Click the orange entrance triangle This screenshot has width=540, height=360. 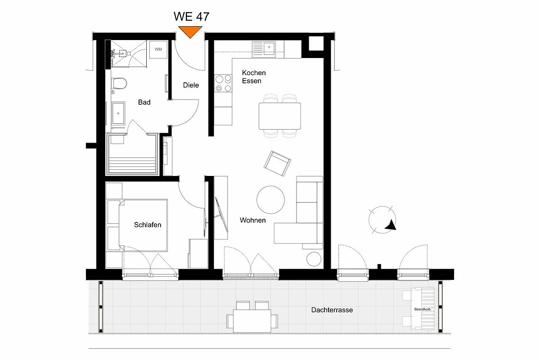pyautogui.click(x=190, y=31)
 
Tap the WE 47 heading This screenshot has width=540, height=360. pyautogui.click(x=191, y=17)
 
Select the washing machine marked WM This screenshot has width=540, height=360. pyautogui.click(x=158, y=49)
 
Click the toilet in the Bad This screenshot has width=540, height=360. pyautogui.click(x=119, y=83)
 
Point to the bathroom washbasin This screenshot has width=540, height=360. pyautogui.click(x=118, y=113)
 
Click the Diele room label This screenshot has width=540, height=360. pyautogui.click(x=191, y=85)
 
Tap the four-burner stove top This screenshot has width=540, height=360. pyautogui.click(x=223, y=83)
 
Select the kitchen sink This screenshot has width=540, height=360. pyautogui.click(x=264, y=49)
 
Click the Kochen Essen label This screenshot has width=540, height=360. pyautogui.click(x=254, y=76)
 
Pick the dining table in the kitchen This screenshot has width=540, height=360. pyautogui.click(x=279, y=116)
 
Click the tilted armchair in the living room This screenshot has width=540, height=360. pyautogui.click(x=277, y=163)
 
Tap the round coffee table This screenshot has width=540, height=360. pyautogui.click(x=270, y=200)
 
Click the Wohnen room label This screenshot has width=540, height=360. pyautogui.click(x=252, y=220)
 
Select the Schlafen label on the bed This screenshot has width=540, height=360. pyautogui.click(x=148, y=225)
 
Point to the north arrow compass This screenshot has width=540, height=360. pyautogui.click(x=382, y=220)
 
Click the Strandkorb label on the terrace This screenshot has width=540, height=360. pyautogui.click(x=423, y=309)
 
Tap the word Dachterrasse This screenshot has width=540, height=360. pyautogui.click(x=332, y=310)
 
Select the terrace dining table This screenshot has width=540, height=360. pyautogui.click(x=252, y=321)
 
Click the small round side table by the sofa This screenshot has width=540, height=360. pyautogui.click(x=314, y=259)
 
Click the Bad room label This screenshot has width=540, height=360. pyautogui.click(x=144, y=102)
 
